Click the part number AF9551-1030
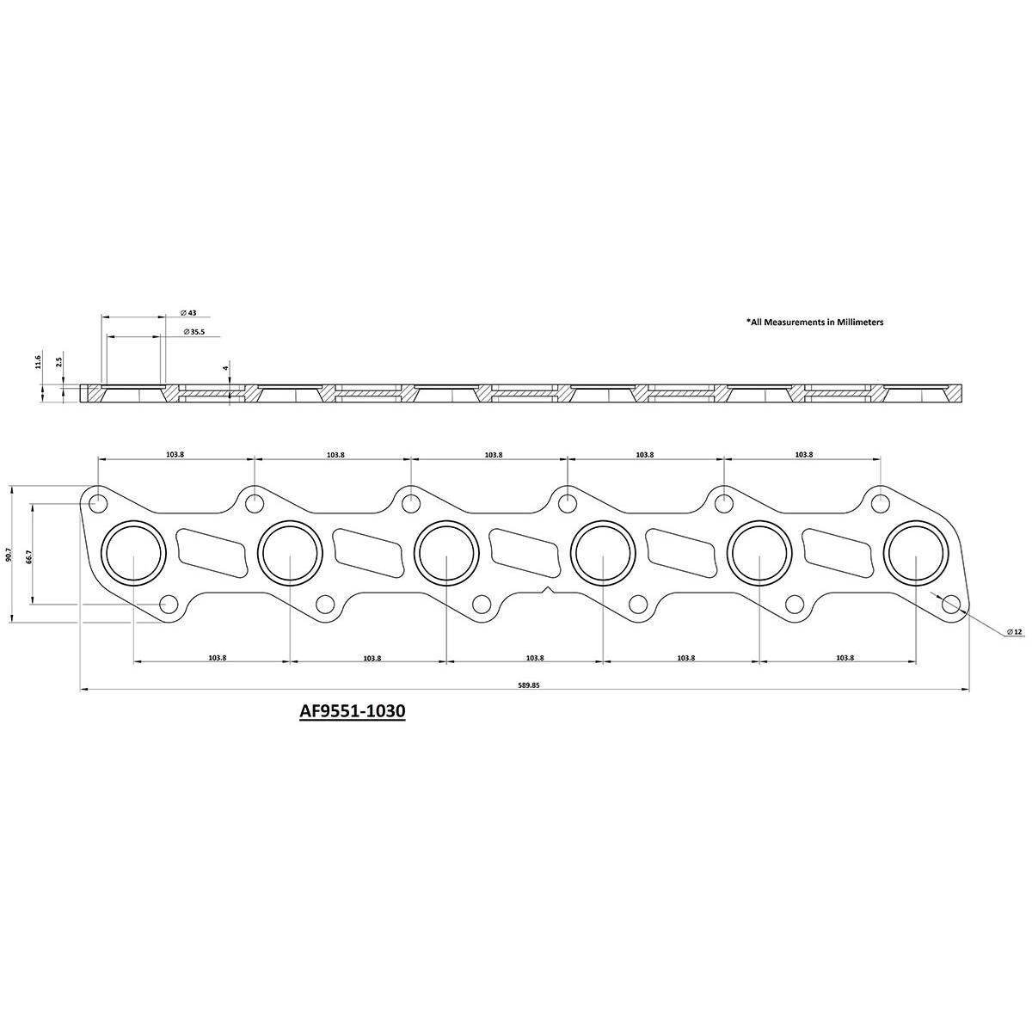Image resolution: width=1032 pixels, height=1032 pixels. click(352, 712)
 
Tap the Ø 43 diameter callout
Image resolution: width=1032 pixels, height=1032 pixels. click(189, 312)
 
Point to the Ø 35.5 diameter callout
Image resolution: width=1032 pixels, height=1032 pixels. click(193, 331)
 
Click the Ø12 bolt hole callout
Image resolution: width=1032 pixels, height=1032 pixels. click(1015, 632)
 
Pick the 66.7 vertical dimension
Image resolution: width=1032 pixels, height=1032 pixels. click(29, 556)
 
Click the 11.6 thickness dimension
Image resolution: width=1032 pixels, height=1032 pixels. click(38, 362)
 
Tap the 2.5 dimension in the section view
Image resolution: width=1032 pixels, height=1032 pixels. click(59, 362)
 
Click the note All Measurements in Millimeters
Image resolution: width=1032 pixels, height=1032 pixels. click(814, 322)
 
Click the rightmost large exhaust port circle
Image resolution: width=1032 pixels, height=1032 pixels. click(917, 555)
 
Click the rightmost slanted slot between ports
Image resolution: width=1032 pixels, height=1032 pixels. click(838, 552)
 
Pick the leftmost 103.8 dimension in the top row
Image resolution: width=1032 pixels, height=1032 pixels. click(175, 454)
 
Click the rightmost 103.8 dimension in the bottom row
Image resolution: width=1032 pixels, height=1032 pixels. click(845, 658)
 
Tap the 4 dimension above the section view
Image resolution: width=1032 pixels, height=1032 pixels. click(225, 367)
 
